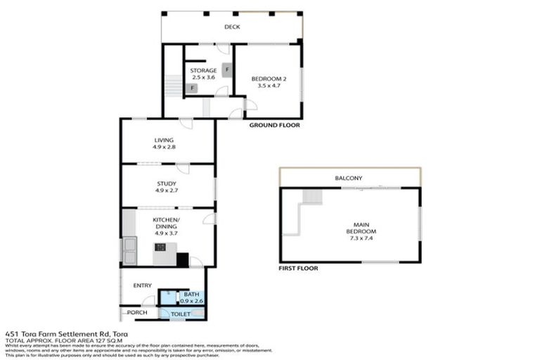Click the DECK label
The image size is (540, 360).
232,27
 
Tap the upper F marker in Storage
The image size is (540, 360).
226,69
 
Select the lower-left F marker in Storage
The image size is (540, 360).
191,88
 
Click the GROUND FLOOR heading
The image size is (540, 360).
274,125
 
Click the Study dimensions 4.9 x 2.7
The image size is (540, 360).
167,191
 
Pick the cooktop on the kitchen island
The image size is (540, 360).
161,247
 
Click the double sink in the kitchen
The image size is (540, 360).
129,245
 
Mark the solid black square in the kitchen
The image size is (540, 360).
183,260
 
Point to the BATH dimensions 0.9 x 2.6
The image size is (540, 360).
191,301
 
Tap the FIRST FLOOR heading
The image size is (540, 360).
299,268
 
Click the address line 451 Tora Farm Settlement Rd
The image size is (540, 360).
67,334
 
